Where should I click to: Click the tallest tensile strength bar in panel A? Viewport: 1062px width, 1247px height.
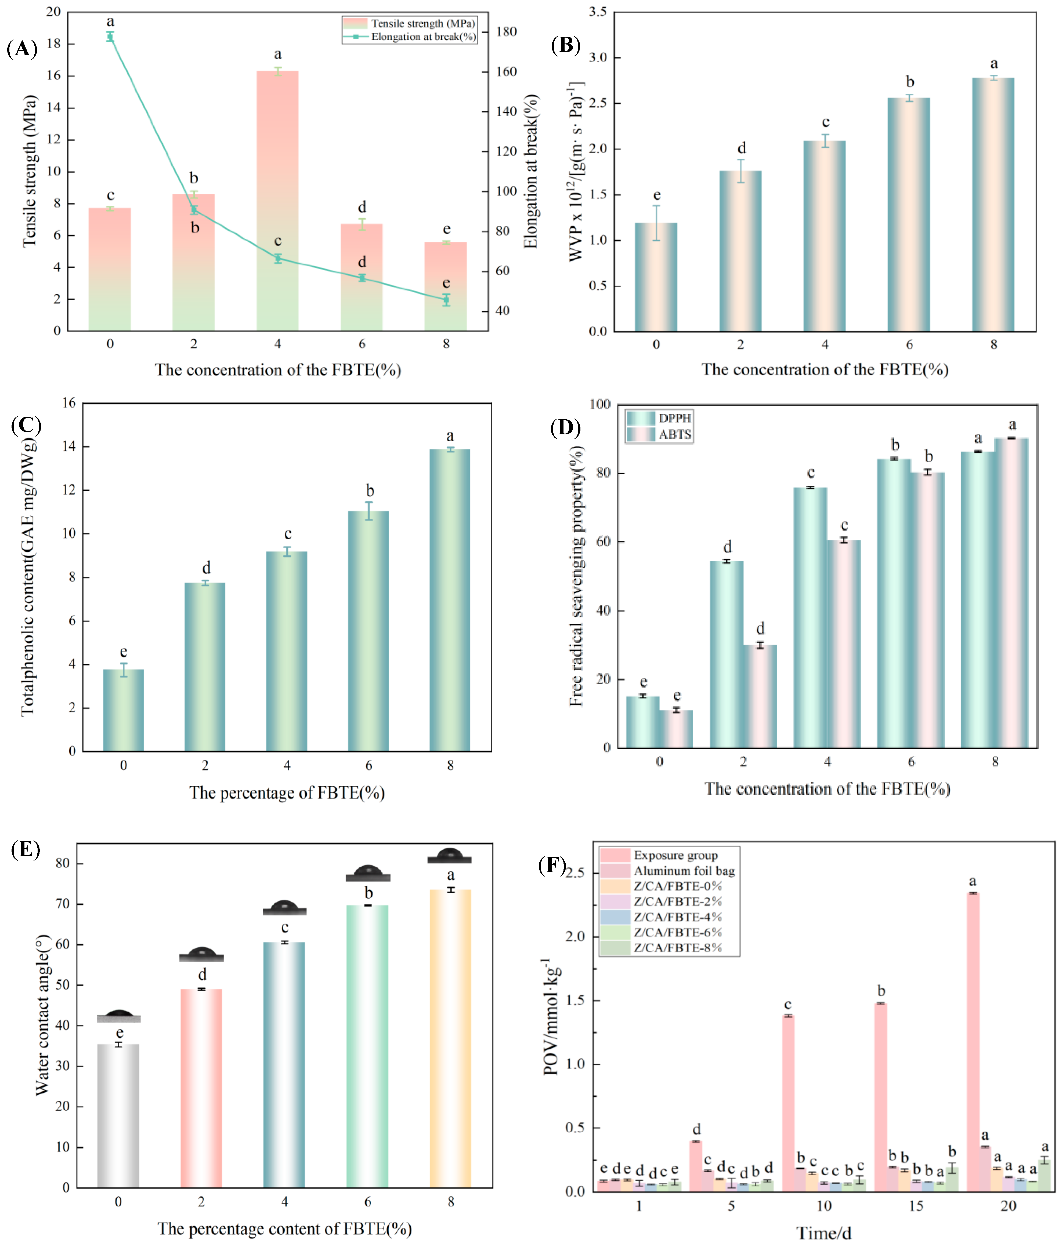click(x=277, y=201)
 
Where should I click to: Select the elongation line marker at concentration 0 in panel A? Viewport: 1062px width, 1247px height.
click(x=110, y=37)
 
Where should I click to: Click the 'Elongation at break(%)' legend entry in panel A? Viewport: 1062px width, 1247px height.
click(x=409, y=37)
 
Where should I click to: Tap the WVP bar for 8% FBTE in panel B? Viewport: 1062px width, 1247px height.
click(x=993, y=205)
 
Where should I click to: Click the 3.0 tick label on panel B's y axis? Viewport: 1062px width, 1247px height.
click(x=598, y=58)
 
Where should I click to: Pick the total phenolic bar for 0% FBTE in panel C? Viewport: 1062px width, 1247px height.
click(x=124, y=710)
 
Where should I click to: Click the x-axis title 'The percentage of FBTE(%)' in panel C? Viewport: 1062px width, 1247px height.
click(x=287, y=792)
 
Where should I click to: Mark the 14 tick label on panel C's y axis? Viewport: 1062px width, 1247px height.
click(x=69, y=446)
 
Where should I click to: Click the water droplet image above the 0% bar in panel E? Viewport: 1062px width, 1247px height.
click(x=119, y=1016)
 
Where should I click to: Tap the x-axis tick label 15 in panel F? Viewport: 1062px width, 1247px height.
click(x=916, y=1206)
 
